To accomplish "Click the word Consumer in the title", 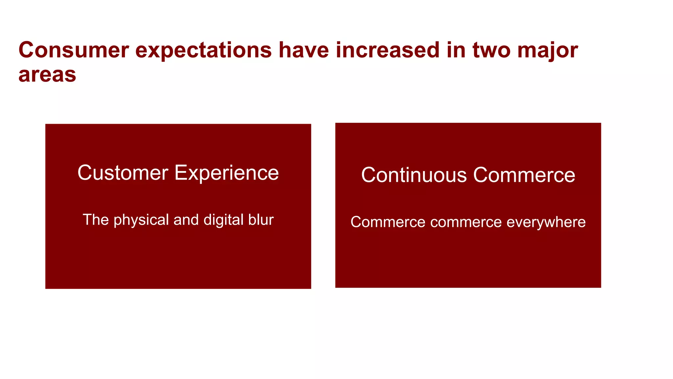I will click(74, 50).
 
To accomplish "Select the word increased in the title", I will click(387, 50).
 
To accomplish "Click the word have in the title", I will click(304, 50).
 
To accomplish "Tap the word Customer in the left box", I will click(123, 173).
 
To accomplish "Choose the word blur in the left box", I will click(261, 220).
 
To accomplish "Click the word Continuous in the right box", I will click(414, 175).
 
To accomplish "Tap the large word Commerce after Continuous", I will click(524, 175).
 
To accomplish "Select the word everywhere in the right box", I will click(546, 222).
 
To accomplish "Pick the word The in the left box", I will click(96, 220).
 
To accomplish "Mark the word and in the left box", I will click(186, 220).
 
